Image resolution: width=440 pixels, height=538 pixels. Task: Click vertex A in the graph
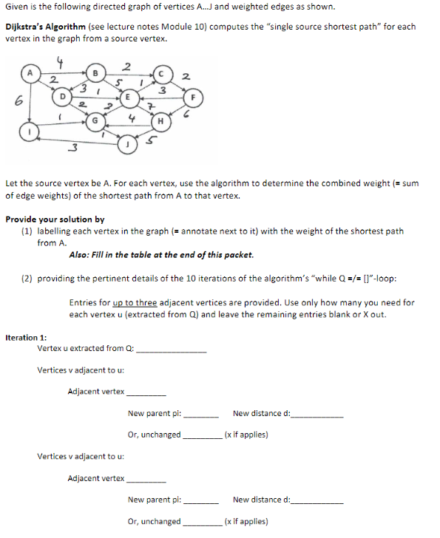30,72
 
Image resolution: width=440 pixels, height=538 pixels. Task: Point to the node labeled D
64,95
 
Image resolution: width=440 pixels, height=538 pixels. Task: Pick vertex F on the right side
194,95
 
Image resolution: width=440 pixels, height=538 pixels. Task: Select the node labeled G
95,119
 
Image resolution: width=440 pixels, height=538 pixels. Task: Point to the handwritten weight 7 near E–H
149,110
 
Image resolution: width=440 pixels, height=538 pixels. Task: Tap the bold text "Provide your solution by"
55,219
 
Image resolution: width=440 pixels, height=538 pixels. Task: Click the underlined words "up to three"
135,302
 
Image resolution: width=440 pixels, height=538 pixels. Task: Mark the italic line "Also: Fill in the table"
160,255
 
